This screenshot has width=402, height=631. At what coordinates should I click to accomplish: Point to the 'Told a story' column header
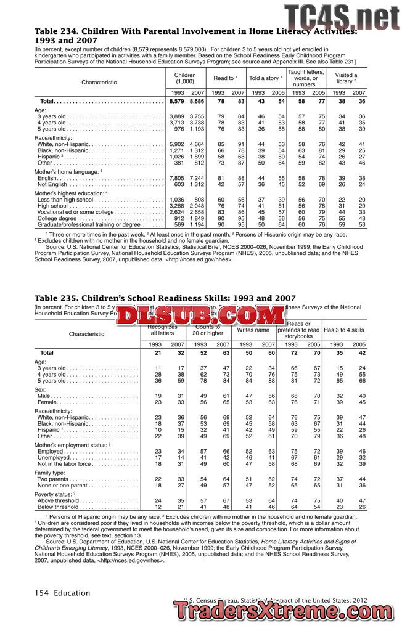pyautogui.click(x=265, y=78)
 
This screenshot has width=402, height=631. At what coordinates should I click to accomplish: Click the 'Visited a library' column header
pyautogui.click(x=346, y=78)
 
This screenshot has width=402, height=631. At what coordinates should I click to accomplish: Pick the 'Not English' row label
pyautogui.click(x=52, y=184)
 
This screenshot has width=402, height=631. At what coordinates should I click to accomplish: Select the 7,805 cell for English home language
pyautogui.click(x=176, y=178)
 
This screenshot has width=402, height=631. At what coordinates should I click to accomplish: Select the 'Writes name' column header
pyautogui.click(x=253, y=330)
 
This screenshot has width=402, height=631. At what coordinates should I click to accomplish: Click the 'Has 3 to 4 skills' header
pyautogui.click(x=344, y=330)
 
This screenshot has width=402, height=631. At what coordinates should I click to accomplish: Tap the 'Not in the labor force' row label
pyautogui.click(x=68, y=465)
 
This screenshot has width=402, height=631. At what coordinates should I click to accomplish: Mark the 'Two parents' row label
pyautogui.click(x=55, y=479)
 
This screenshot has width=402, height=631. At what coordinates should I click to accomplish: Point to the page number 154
pyautogui.click(x=41, y=593)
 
